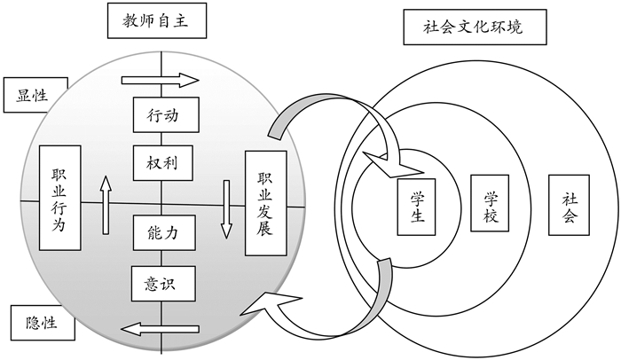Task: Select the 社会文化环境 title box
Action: coord(475,27)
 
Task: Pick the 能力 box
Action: coord(164,233)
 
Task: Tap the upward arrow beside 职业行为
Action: coord(106,204)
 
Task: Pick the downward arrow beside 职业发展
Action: coord(226,209)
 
